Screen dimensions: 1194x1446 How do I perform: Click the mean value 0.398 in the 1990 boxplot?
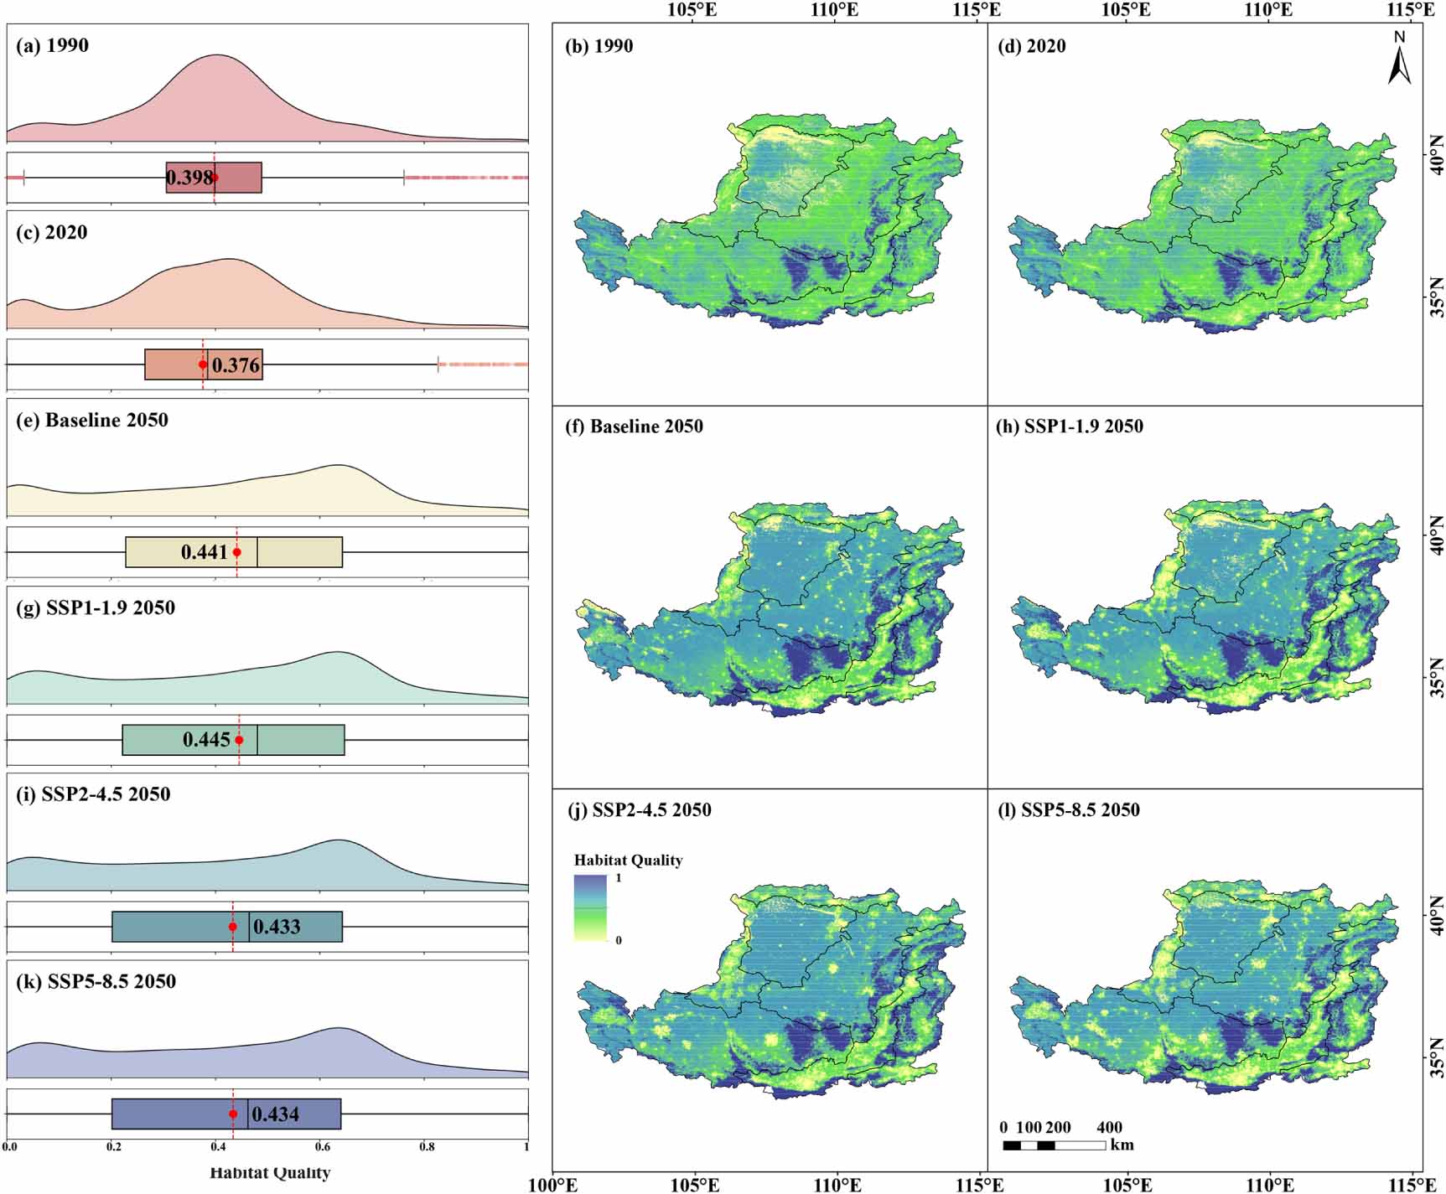pos(189,178)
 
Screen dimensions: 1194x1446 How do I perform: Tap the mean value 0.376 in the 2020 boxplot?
pos(236,365)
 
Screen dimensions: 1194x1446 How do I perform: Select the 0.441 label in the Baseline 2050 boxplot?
pos(205,552)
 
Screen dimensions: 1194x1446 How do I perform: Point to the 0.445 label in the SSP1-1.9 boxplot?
pos(206,740)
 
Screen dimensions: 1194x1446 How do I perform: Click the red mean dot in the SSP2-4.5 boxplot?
pos(233,927)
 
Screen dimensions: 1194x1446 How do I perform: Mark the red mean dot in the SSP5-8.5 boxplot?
pos(233,1114)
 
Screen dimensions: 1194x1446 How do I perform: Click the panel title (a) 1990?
pos(52,45)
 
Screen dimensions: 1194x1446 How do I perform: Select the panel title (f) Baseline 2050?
pos(635,426)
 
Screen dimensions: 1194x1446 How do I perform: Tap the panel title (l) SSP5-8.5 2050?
pos(1069,810)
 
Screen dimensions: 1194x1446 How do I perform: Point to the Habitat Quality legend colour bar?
pos(590,907)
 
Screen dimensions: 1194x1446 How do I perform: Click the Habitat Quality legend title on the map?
pos(628,861)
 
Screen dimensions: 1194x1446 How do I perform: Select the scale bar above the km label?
pos(1054,1145)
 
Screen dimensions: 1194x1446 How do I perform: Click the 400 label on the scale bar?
pos(1109,1128)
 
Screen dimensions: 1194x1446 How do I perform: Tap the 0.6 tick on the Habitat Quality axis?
pos(322,1147)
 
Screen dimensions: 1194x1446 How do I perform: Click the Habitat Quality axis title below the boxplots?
pos(270,1173)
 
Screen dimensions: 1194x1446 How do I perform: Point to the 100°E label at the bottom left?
pos(552,1185)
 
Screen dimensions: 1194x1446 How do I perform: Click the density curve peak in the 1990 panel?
pos(218,56)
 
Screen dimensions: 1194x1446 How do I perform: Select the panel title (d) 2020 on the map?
pos(1031,46)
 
